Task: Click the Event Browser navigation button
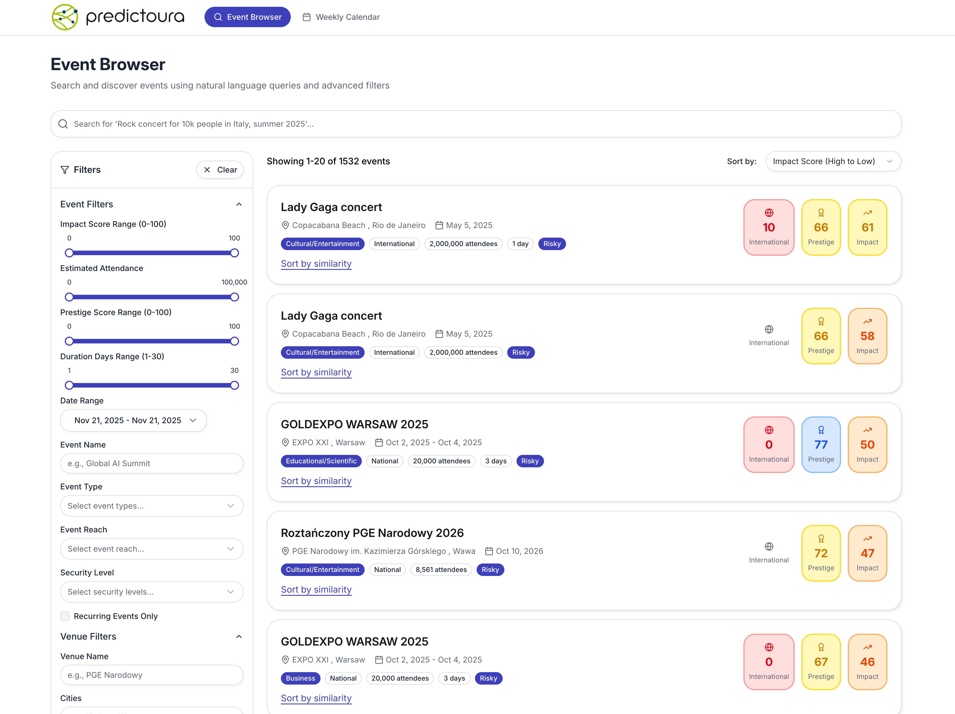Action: click(x=248, y=17)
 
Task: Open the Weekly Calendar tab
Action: click(x=341, y=17)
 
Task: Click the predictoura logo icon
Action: click(x=65, y=17)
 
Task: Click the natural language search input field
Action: click(x=475, y=124)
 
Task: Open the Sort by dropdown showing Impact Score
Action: click(x=833, y=161)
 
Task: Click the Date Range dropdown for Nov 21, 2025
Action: click(x=134, y=420)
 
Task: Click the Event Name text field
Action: click(x=152, y=463)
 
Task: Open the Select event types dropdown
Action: click(x=152, y=506)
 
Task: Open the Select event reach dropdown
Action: click(x=152, y=549)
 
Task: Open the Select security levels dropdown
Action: click(x=152, y=592)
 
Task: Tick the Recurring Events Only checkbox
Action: click(x=65, y=616)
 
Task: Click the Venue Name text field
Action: click(x=152, y=675)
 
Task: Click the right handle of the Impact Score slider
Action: click(x=235, y=253)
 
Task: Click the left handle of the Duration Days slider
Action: click(x=69, y=385)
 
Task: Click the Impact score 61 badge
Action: click(x=867, y=227)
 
